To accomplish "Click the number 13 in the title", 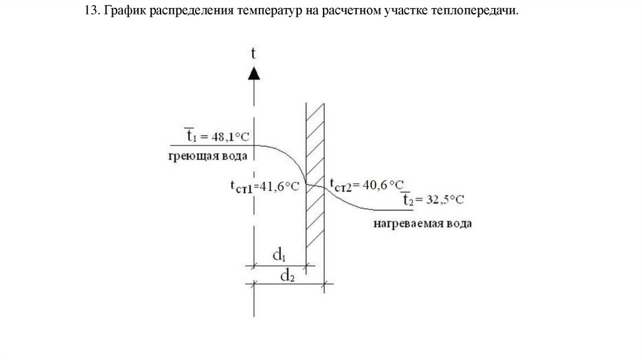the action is pyautogui.click(x=92, y=13).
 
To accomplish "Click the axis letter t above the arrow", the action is pyautogui.click(x=253, y=53).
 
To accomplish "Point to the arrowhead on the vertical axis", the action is pyautogui.click(x=253, y=73).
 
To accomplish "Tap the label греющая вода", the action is pyautogui.click(x=207, y=155).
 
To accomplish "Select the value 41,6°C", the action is pyautogui.click(x=280, y=186).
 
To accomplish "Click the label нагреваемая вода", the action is pyautogui.click(x=424, y=223).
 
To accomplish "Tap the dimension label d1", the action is pyautogui.click(x=279, y=255).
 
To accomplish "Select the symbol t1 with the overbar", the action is pyautogui.click(x=189, y=134).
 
